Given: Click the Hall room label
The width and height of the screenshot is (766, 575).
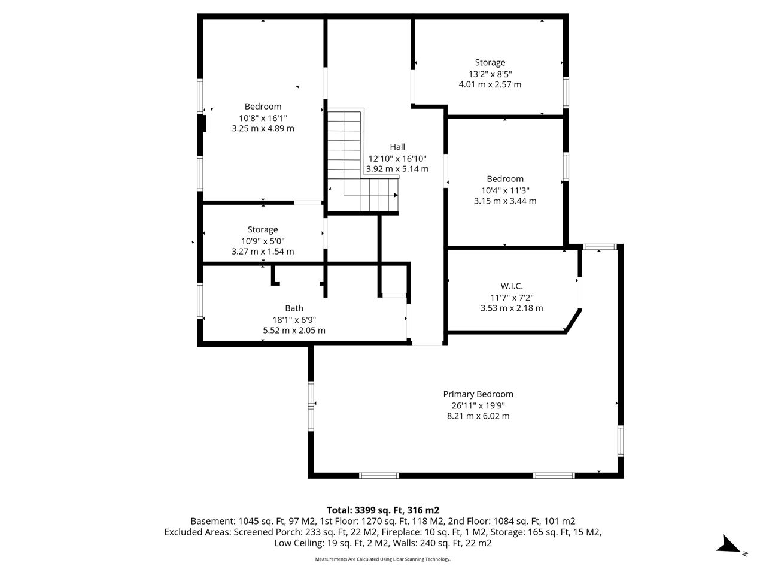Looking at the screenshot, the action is coord(397,147).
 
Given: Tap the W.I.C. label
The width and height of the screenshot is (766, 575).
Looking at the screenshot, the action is coord(512,286).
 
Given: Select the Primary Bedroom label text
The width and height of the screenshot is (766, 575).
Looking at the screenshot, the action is coord(478,394).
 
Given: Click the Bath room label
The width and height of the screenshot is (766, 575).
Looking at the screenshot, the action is coord(294,308).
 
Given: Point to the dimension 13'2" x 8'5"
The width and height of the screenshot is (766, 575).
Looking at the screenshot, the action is coord(490,74).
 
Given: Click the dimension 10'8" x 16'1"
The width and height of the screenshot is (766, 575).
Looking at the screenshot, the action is coord(263,118).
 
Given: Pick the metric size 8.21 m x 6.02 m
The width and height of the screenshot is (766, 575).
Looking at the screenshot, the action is coord(478,416).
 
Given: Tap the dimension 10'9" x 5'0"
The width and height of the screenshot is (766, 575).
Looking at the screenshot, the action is coord(263,241).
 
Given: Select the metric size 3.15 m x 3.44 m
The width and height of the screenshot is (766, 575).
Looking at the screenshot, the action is coord(505,201).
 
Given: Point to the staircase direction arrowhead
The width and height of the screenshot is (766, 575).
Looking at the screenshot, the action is coord(396,195).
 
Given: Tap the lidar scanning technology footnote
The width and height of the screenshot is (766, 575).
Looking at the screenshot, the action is coord(383,559).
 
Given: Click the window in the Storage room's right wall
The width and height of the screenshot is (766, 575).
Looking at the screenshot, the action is coord(566,92).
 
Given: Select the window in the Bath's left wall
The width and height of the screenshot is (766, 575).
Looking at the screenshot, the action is coord(200,301).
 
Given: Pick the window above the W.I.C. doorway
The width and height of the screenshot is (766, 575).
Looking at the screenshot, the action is coord(600,247).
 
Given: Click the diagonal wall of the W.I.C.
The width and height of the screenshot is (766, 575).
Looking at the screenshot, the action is coord(573,320).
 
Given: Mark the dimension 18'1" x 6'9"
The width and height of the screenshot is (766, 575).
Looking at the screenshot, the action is coord(294,320).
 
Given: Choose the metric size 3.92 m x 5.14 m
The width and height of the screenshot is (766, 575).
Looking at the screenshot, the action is coord(397,169).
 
